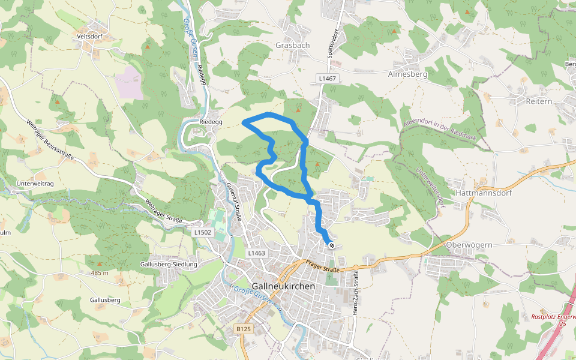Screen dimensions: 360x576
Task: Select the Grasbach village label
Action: click(292, 46)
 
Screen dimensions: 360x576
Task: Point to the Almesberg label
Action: click(407, 75)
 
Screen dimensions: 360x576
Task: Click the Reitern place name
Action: click(538, 101)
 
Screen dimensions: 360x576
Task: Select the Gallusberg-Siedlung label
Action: click(167, 265)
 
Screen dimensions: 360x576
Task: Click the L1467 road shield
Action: click(328, 79)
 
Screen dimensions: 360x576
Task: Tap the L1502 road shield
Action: click(203, 232)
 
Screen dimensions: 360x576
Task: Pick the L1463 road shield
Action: click(256, 254)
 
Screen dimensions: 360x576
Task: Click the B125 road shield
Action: click(243, 329)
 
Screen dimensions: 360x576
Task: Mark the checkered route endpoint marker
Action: click(331, 245)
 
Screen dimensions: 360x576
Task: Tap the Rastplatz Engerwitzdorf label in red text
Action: click(553, 316)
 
